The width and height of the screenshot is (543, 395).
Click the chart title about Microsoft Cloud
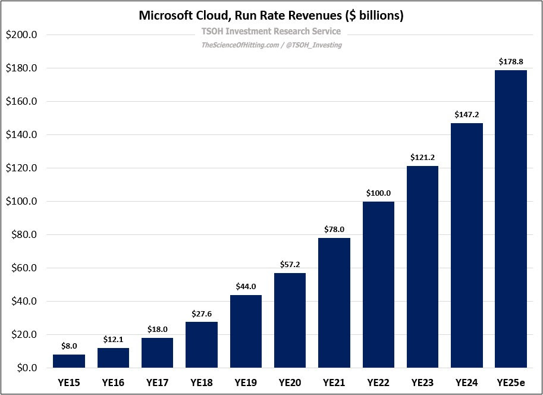(271, 15)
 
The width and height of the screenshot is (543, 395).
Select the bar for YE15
(69, 361)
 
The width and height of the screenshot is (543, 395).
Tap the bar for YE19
(246, 331)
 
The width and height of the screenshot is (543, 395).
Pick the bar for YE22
(378, 285)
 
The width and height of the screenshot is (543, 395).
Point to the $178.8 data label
(511, 61)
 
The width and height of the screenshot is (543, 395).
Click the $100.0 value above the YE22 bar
(378, 193)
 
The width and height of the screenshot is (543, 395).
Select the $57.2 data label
(290, 264)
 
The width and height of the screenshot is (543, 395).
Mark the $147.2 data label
(467, 114)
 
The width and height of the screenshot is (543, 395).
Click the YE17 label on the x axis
(157, 382)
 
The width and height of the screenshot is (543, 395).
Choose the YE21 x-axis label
(334, 382)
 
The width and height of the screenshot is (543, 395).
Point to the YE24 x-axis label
(467, 382)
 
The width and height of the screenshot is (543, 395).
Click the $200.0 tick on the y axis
(21, 35)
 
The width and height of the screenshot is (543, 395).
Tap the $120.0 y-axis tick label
(21, 168)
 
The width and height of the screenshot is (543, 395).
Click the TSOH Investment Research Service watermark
(271, 32)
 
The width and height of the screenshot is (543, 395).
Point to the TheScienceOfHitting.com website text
(238, 45)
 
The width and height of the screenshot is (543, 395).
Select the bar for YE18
(201, 345)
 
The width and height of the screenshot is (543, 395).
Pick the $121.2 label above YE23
(422, 158)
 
